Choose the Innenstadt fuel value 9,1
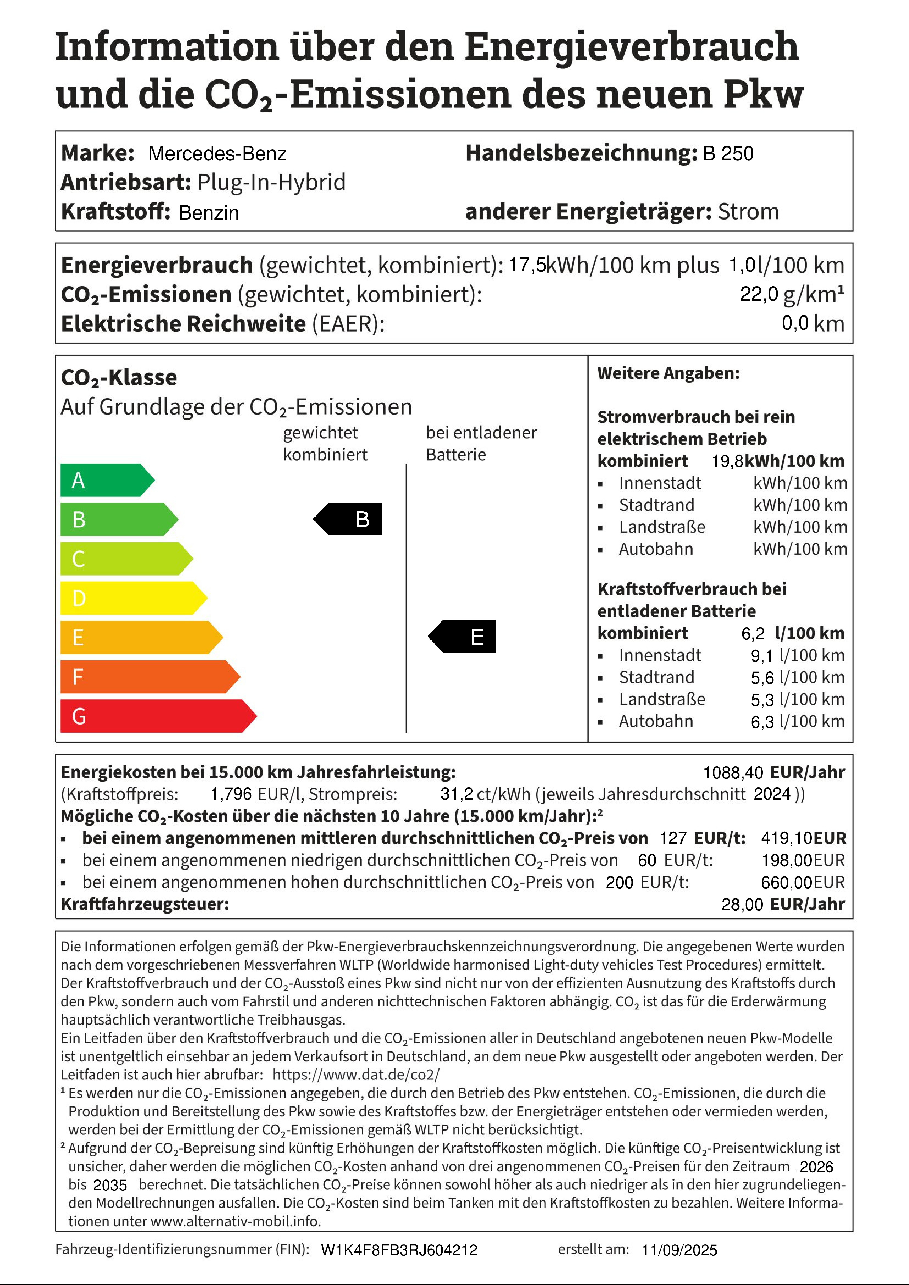point(762,655)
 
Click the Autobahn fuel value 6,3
point(762,722)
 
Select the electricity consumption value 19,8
point(727,461)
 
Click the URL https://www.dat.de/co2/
point(356,1075)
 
